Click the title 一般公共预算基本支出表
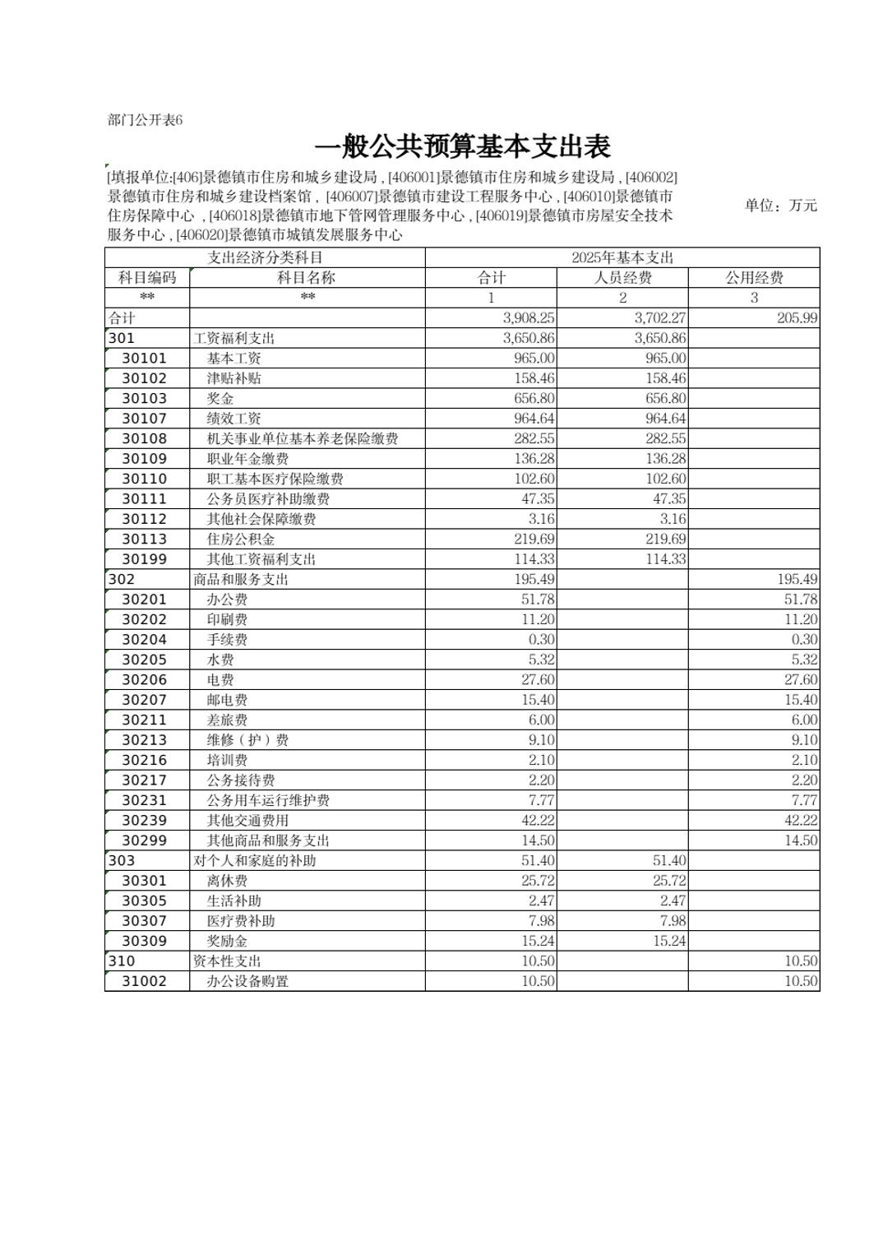tap(462, 147)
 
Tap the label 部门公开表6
tap(145, 120)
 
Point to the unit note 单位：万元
tap(780, 206)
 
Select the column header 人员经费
tap(622, 278)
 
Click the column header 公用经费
tap(754, 278)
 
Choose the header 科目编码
tap(147, 278)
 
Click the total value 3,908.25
tap(528, 318)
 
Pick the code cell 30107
tap(144, 419)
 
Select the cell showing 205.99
tap(797, 318)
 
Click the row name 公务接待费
tap(241, 780)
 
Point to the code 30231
tap(144, 800)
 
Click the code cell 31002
tap(144, 981)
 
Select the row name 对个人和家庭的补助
tap(255, 861)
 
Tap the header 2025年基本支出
tap(622, 257)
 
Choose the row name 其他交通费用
tap(247, 821)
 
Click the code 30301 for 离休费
tap(144, 881)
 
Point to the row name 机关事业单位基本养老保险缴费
tap(303, 439)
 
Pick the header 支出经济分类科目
tap(265, 257)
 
